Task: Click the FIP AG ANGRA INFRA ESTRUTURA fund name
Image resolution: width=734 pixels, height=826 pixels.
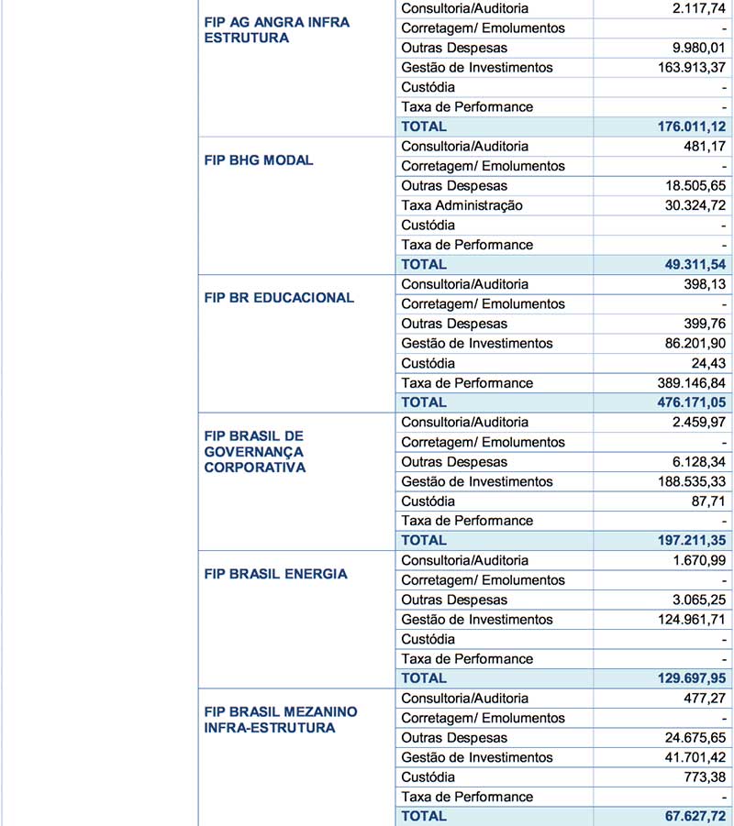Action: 276,29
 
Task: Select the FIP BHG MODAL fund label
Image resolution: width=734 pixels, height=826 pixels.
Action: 259,160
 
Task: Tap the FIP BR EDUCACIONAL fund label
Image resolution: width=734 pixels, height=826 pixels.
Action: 279,298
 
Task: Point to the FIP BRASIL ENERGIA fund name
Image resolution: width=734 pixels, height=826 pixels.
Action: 275,574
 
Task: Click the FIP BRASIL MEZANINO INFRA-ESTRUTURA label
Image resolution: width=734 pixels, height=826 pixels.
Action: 281,720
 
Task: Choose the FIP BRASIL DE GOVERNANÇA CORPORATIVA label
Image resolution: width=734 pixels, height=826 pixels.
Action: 255,451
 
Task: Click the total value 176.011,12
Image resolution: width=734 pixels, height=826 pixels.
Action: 684,127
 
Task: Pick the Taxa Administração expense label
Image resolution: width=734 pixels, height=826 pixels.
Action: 462,205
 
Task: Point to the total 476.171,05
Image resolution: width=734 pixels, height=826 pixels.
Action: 684,402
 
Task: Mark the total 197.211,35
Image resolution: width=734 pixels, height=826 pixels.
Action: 684,541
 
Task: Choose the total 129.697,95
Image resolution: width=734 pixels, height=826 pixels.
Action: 684,678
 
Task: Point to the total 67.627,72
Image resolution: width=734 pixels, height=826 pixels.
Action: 688,816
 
